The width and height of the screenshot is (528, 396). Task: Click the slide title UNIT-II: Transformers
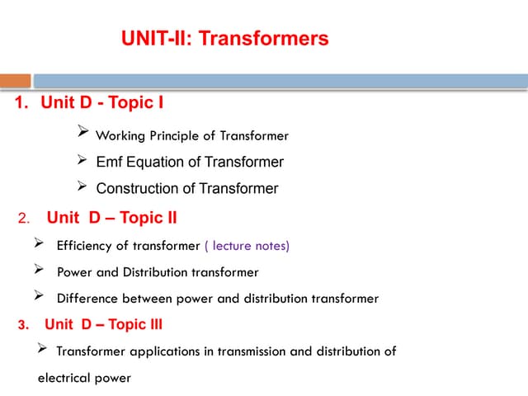224,39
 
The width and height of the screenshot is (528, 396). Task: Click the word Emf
110,162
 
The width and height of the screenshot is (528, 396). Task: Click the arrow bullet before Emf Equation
82,160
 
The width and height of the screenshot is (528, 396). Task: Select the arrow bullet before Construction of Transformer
82,186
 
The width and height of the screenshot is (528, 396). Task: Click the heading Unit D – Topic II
111,218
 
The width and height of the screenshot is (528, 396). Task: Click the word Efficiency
85,246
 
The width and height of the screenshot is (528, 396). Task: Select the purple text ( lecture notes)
247,246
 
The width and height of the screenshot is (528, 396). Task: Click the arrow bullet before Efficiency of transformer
38,244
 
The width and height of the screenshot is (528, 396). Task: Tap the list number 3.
22,324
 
